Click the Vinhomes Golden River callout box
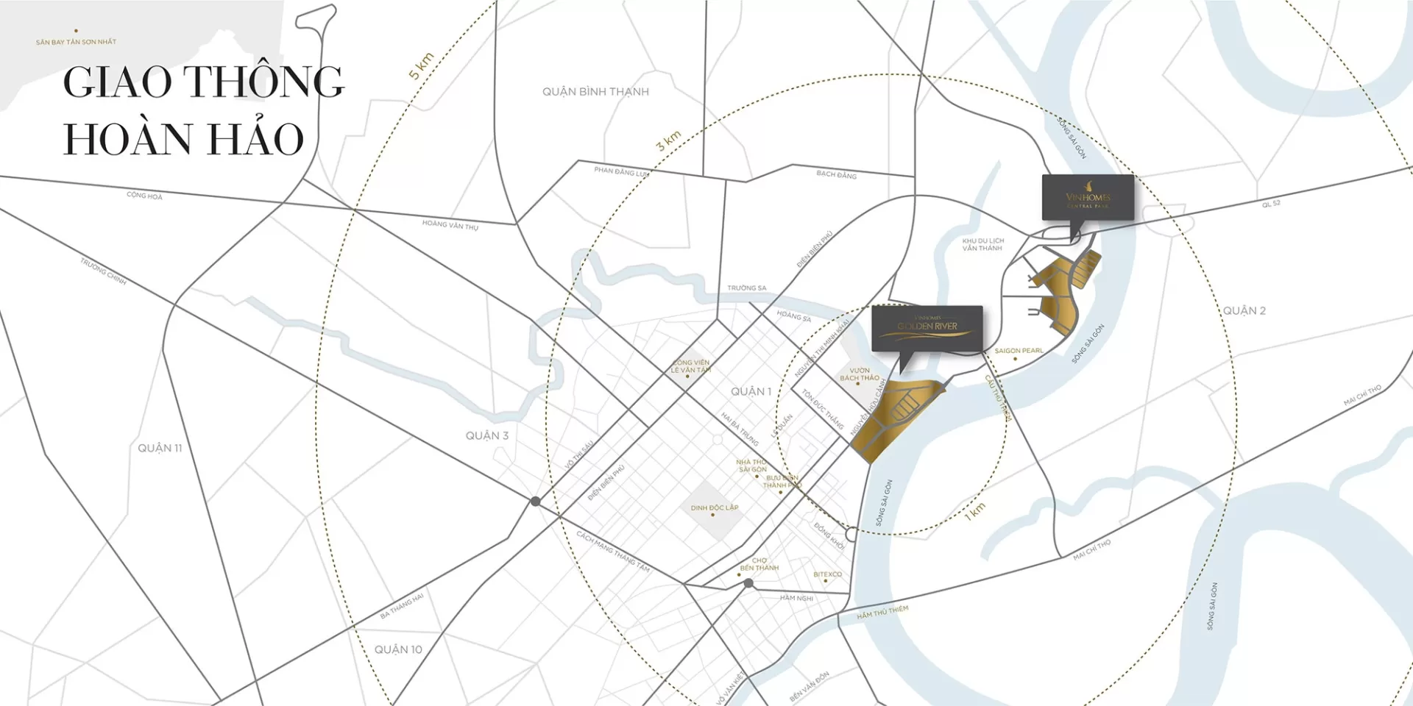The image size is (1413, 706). tap(927, 327)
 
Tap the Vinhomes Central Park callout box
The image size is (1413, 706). tap(1088, 197)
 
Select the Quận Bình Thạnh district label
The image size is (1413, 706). tap(595, 92)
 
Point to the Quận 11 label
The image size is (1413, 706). tap(160, 448)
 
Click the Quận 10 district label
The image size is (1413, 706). tap(398, 649)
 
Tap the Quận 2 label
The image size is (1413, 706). tap(1244, 311)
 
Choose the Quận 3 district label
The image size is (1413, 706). tap(486, 435)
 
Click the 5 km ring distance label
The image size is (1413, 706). tap(421, 66)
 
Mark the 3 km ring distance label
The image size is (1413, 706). tap(668, 140)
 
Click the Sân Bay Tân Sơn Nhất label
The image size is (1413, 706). tap(76, 42)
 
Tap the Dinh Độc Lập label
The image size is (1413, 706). tap(714, 507)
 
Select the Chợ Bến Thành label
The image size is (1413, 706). tap(759, 564)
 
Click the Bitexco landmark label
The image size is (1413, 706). tap(827, 574)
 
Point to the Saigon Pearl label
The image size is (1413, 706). tap(1019, 351)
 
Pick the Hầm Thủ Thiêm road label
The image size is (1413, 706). tap(882, 612)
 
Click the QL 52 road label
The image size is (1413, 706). tap(1271, 204)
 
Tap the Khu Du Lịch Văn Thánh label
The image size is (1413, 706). tap(982, 244)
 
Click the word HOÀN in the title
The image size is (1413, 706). tap(141, 139)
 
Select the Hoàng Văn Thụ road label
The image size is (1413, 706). tap(450, 225)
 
